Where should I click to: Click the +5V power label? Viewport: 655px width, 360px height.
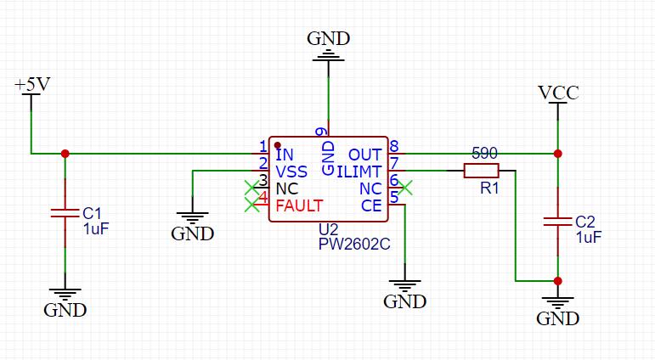tap(32, 84)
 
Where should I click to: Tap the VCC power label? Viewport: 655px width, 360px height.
tap(558, 93)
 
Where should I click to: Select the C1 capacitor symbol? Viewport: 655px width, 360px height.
tap(65, 213)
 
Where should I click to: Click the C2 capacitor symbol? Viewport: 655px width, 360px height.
tap(557, 222)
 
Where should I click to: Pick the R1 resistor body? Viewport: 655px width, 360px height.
tap(481, 171)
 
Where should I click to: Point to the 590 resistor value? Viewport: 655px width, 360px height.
tap(484, 154)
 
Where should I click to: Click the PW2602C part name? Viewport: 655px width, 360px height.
tap(354, 244)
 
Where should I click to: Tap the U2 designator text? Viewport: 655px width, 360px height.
tap(328, 229)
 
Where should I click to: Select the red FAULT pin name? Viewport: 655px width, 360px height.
tap(300, 205)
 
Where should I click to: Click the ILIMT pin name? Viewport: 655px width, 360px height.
tap(359, 172)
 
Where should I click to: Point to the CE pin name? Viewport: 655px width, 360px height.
tap(371, 205)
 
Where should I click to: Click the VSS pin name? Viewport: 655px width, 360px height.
tap(291, 172)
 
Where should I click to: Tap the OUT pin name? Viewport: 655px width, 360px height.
tap(365, 155)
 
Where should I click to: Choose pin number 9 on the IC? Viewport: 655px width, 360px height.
tap(322, 132)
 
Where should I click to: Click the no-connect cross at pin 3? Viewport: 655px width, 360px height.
tap(252, 188)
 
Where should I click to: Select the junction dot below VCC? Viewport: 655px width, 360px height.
tap(557, 154)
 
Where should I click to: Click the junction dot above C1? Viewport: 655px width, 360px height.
tap(65, 154)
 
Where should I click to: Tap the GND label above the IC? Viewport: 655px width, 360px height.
tap(328, 38)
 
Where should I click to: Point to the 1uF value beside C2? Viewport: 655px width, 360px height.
tap(589, 237)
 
